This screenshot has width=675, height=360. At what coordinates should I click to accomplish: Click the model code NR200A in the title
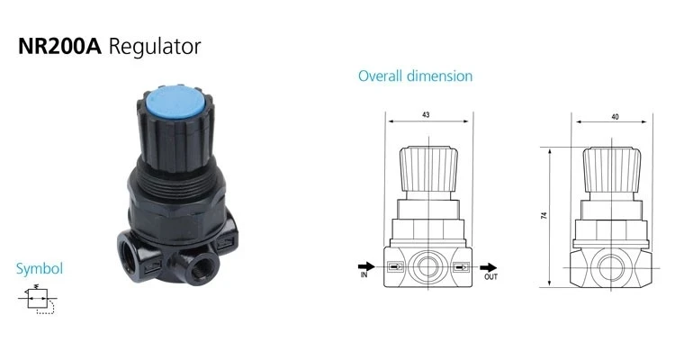59,46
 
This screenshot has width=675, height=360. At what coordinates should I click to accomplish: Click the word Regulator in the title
155,48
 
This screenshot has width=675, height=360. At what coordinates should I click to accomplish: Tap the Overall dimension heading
416,76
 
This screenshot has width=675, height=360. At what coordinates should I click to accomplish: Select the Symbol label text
40,269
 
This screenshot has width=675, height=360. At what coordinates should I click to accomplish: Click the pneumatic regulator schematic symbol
38,299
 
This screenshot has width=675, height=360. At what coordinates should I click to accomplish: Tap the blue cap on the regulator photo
176,103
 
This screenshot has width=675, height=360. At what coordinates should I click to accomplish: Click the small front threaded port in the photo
199,268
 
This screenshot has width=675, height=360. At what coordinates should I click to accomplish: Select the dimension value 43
426,115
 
